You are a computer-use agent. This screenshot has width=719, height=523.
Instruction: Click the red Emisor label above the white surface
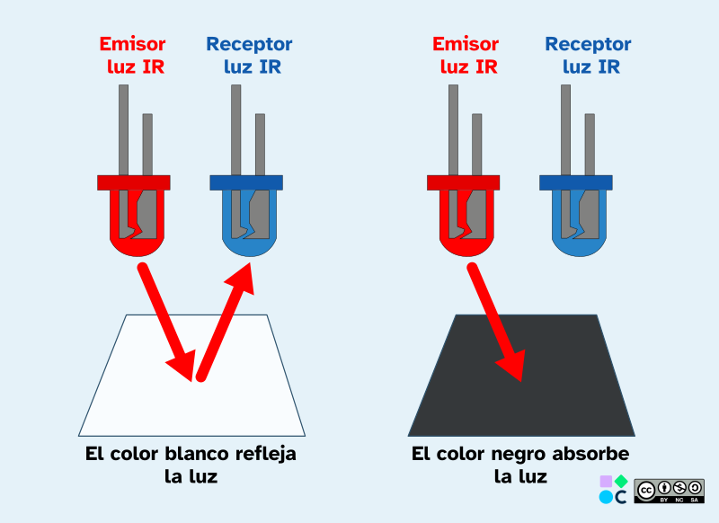click(132, 55)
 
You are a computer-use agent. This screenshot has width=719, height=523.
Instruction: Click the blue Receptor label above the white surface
click(249, 55)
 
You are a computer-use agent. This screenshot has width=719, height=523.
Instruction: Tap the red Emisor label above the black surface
click(465, 55)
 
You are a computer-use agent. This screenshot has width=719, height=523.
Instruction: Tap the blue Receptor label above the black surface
click(588, 55)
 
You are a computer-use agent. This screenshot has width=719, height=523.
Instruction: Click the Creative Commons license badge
click(669, 490)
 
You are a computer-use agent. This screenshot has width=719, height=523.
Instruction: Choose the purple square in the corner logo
click(606, 482)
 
